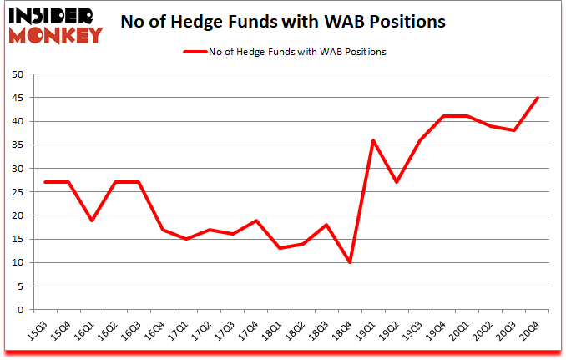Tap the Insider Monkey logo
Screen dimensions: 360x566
(x=55, y=23)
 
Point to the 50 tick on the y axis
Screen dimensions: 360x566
(x=16, y=74)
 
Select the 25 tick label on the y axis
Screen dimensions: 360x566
(x=16, y=192)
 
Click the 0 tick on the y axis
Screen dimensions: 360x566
(x=19, y=310)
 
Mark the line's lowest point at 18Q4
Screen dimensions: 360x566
(x=350, y=262)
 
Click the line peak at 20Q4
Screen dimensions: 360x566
(x=538, y=98)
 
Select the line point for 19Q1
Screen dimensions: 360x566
(x=373, y=140)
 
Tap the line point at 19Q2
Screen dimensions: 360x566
(x=397, y=182)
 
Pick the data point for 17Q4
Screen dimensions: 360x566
(x=255, y=220)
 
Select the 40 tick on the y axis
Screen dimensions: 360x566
(x=16, y=121)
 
